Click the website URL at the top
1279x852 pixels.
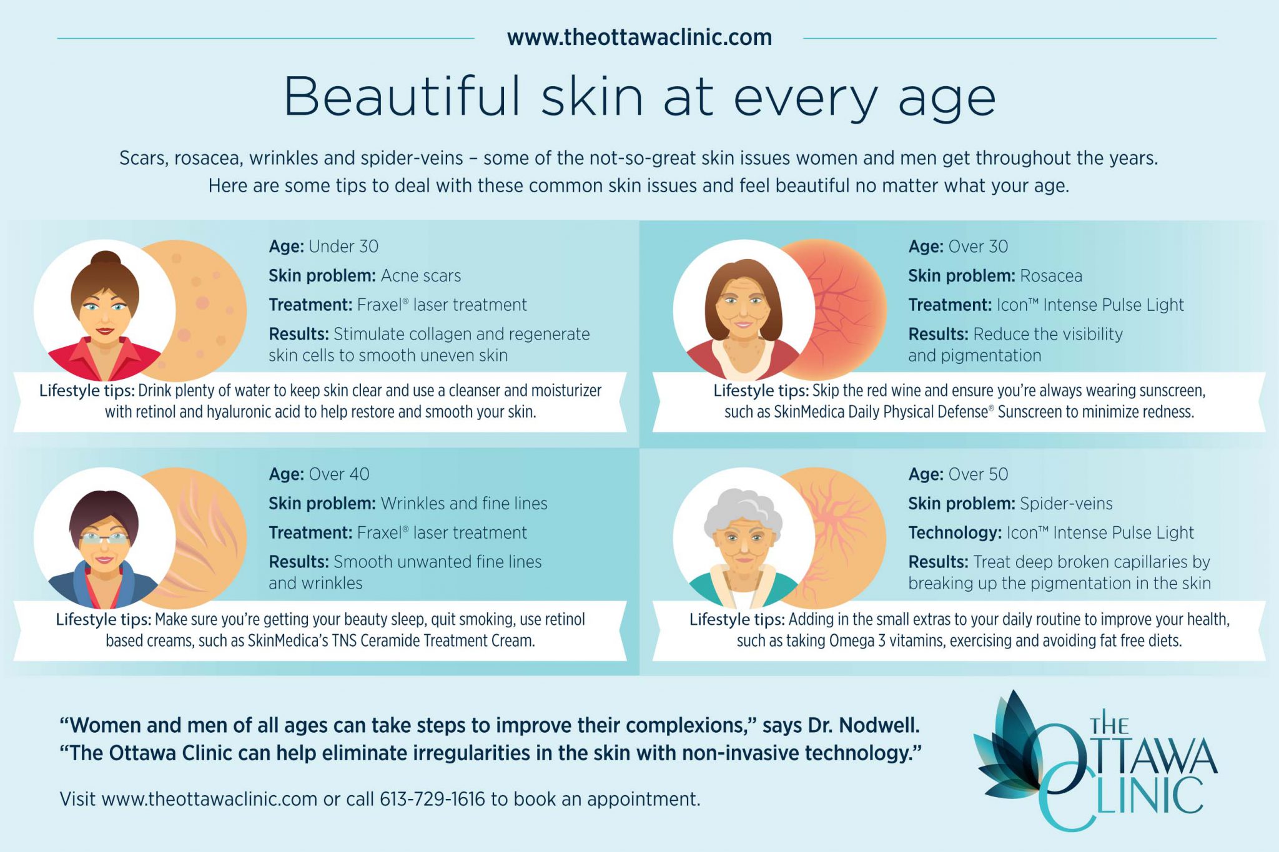point(639,37)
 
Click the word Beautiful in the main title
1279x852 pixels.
point(402,97)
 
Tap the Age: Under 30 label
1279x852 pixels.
point(323,247)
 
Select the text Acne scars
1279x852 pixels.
point(421,276)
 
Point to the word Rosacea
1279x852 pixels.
point(1051,276)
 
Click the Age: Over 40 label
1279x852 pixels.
point(319,474)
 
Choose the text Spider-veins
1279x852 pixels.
point(1066,504)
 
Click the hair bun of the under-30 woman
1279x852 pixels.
point(107,260)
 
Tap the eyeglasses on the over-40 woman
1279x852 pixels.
point(104,537)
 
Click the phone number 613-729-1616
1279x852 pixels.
point(432,799)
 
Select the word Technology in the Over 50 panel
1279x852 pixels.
point(954,533)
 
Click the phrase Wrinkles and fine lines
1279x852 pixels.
point(464,504)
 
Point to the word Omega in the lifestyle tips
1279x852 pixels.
point(851,641)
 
